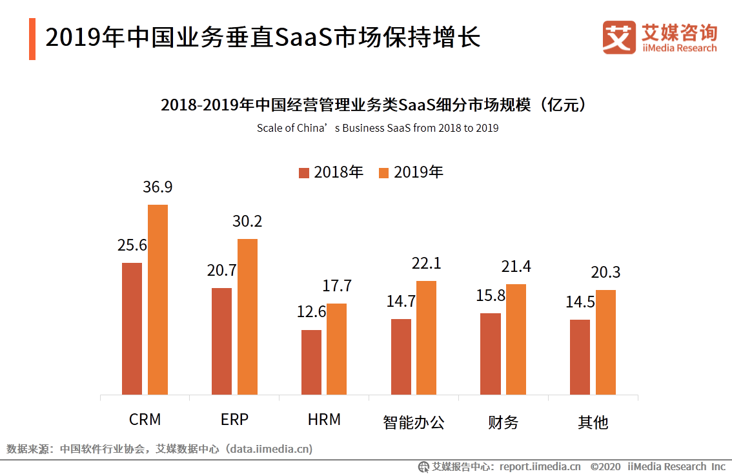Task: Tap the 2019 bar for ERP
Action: (247, 316)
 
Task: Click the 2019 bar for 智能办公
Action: (426, 337)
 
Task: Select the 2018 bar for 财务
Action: (491, 353)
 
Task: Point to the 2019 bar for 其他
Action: (605, 342)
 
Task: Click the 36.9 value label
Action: (158, 187)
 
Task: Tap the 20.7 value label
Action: (221, 271)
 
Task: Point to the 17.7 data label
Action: (336, 286)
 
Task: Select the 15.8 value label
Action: (491, 296)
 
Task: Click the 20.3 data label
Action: (605, 273)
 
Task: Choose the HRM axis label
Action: (324, 419)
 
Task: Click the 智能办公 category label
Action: (414, 422)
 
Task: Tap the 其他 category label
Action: (593, 422)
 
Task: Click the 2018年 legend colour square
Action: (304, 172)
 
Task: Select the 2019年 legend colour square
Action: (384, 172)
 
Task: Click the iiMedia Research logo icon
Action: (619, 37)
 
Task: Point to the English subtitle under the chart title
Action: (378, 128)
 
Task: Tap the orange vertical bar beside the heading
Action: (32, 39)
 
